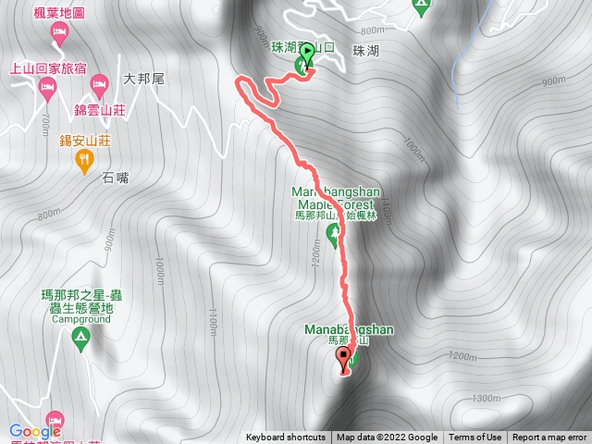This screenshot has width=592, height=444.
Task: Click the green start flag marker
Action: click(x=306, y=57)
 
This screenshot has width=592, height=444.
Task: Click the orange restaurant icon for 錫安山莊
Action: click(x=85, y=161)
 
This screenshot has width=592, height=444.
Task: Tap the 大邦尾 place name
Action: click(x=143, y=80)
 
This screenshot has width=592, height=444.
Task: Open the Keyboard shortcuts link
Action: click(x=285, y=438)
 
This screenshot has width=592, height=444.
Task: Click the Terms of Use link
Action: click(x=475, y=438)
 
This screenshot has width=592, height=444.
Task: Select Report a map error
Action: click(x=550, y=438)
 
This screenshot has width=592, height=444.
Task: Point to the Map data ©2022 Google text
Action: click(x=387, y=438)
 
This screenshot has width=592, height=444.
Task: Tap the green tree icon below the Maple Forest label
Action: click(x=333, y=228)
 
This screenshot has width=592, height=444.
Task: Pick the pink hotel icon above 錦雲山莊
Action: click(x=98, y=87)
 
